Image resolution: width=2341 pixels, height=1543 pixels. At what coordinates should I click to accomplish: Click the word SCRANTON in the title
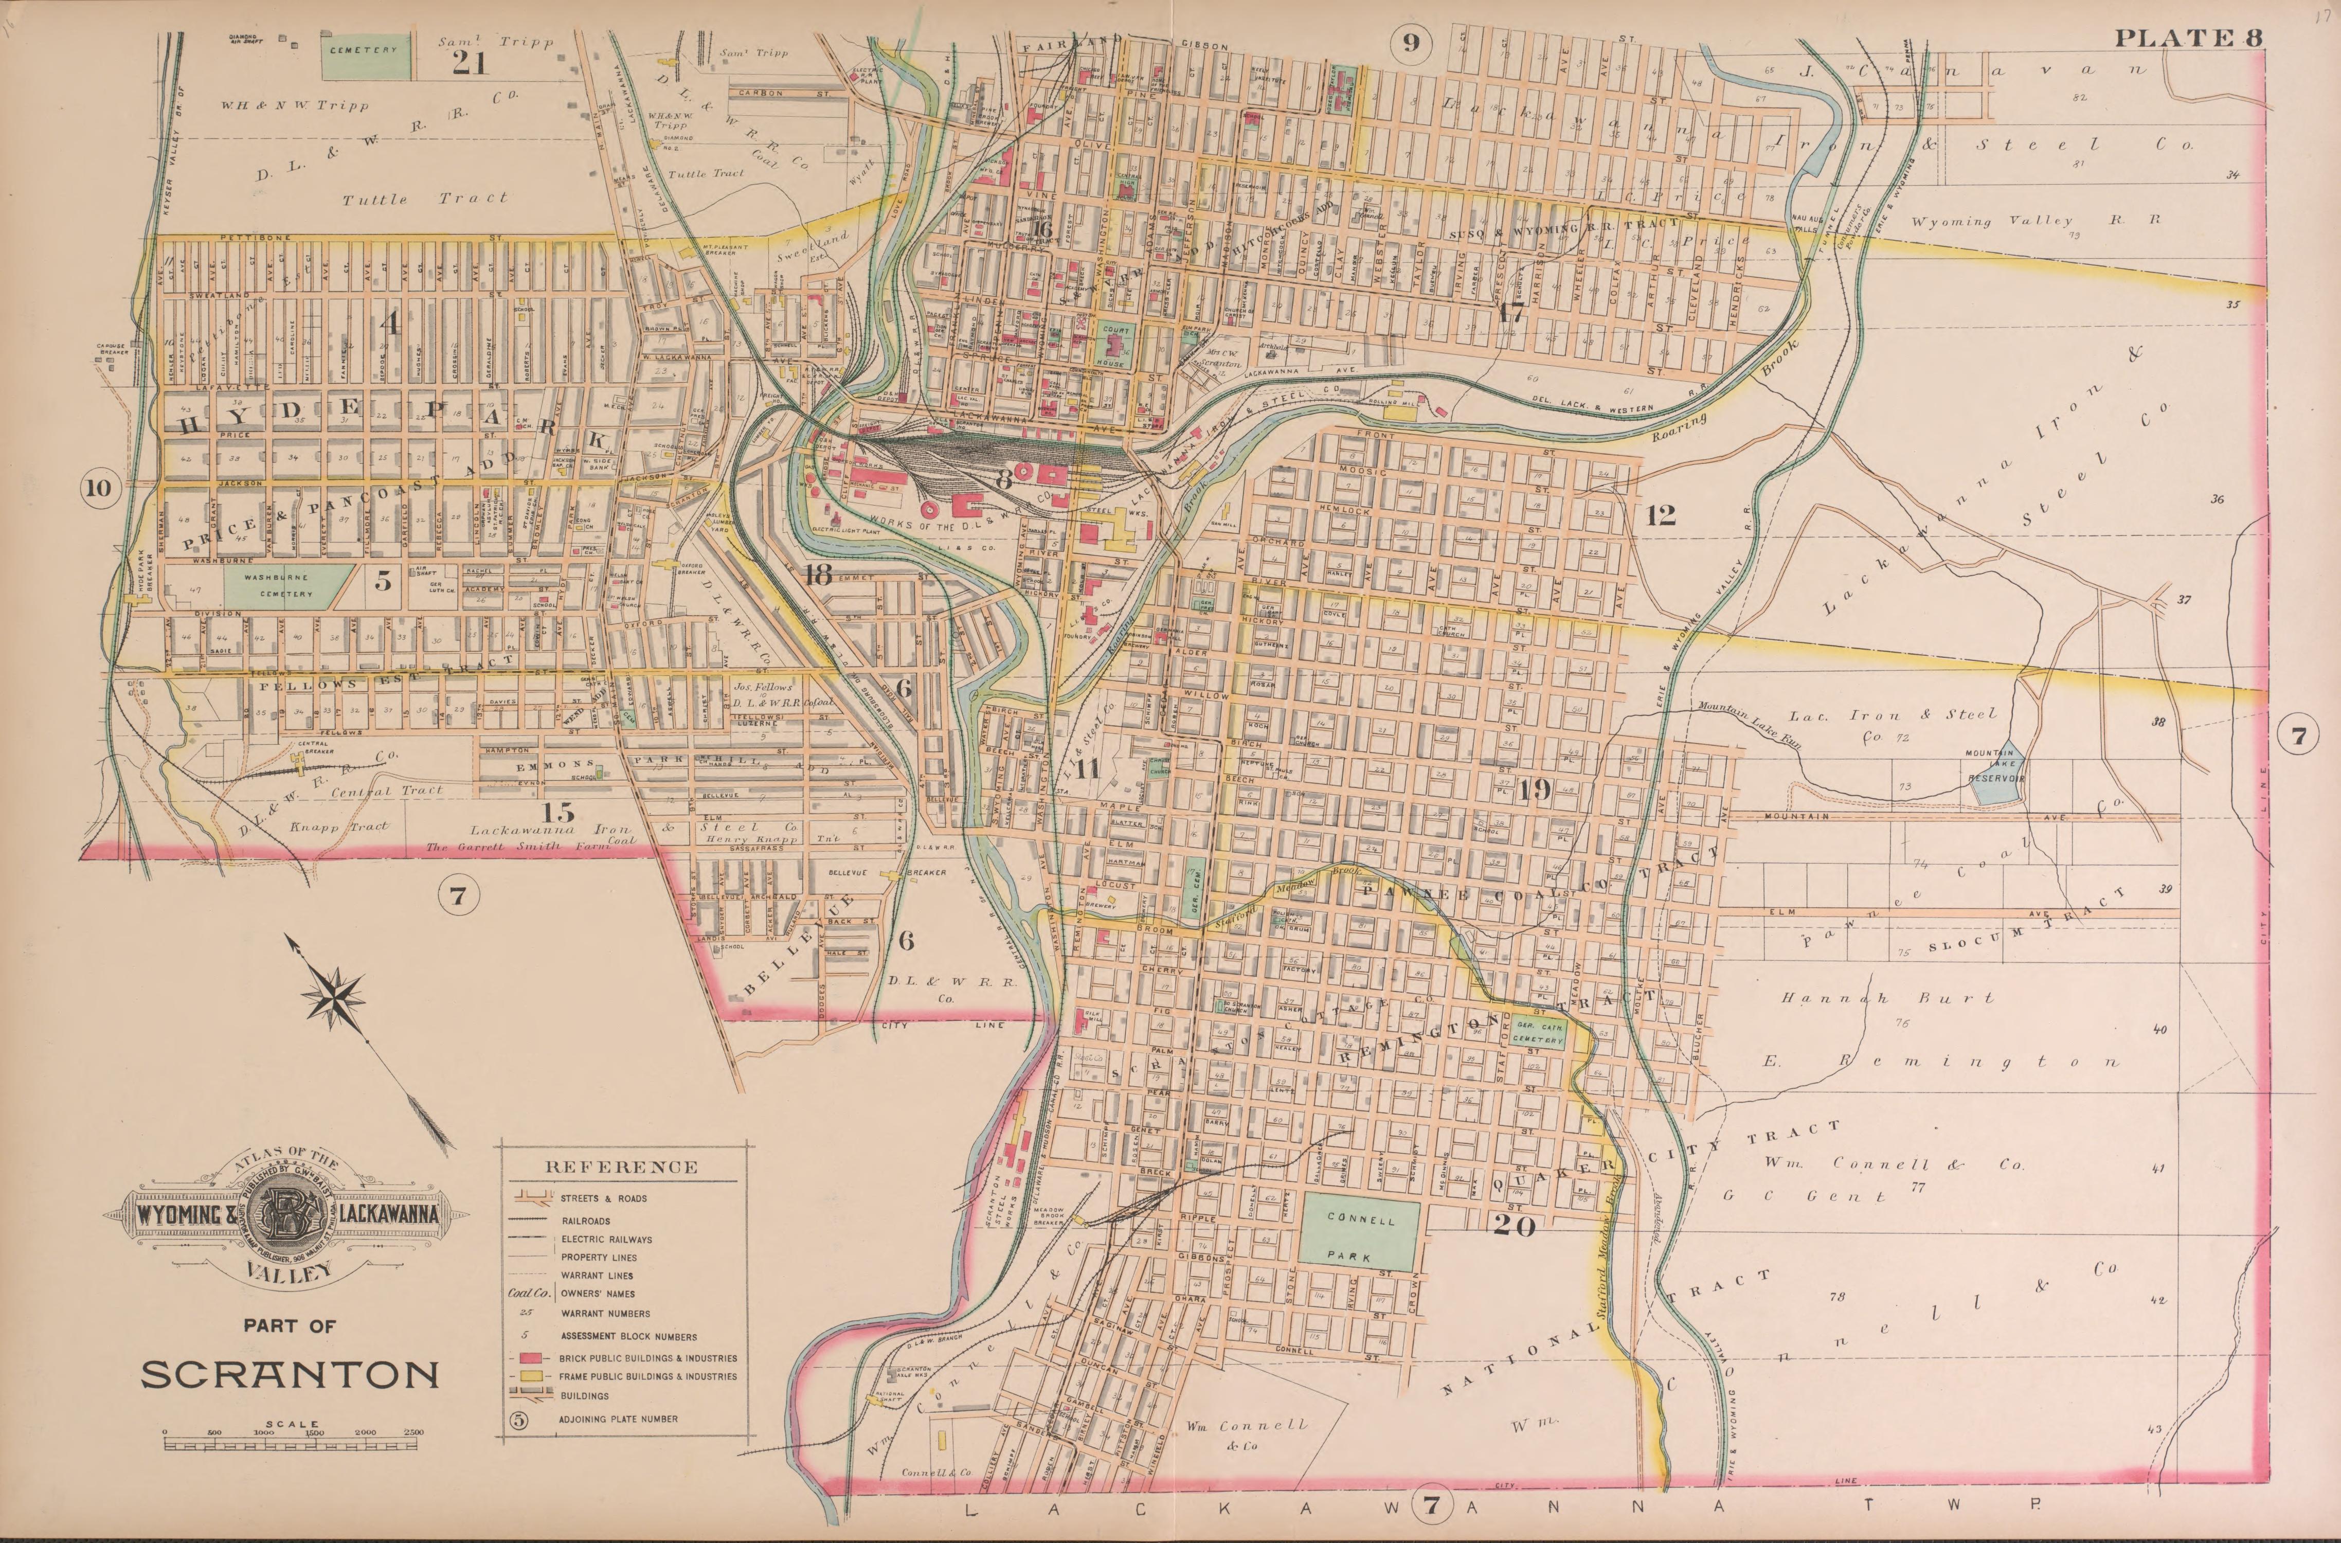pyautogui.click(x=290, y=1374)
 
